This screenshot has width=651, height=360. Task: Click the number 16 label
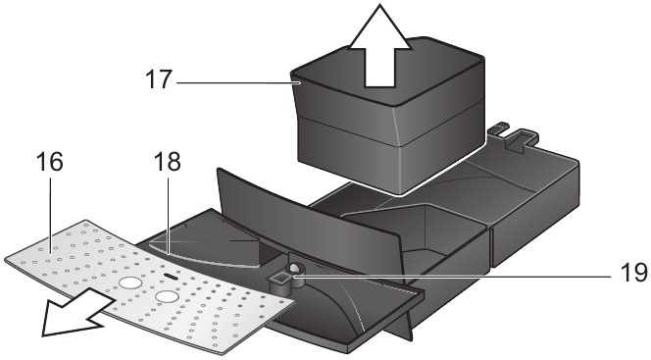point(50,162)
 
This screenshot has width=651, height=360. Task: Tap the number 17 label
point(158,79)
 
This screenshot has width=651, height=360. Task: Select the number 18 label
point(168,162)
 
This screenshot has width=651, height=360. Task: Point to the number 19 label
point(634,274)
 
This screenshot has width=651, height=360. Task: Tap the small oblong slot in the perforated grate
point(171,276)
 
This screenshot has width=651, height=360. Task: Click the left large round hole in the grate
point(130,283)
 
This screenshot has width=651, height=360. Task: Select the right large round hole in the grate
point(168,296)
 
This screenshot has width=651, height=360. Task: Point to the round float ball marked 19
point(295,269)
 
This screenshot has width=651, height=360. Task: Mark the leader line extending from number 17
point(238,83)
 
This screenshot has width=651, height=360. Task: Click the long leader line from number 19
point(452,274)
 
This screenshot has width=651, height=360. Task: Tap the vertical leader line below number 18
point(168,214)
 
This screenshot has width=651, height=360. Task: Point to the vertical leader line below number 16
point(50,214)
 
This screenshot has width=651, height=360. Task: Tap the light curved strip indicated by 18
point(204,257)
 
